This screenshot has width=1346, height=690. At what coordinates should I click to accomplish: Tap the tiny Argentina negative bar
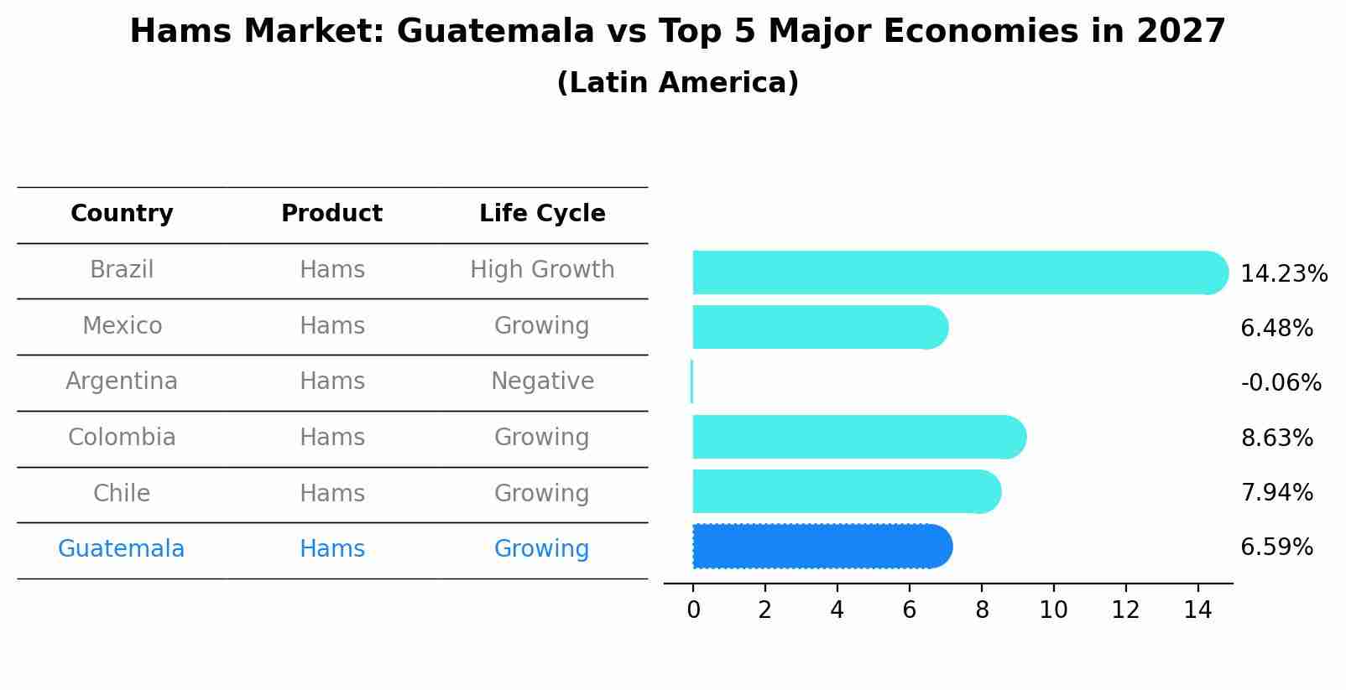coord(691,381)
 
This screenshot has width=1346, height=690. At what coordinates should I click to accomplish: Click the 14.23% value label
coord(1283,274)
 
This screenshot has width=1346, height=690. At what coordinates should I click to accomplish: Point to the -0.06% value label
coord(1281,383)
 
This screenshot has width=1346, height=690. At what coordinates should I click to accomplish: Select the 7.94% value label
coord(1276,492)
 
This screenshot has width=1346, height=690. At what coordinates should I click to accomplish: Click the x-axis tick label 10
coord(1053,610)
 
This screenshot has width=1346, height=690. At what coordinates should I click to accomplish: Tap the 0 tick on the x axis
coord(693,610)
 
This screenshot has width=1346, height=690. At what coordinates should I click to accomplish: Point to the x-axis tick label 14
coord(1197,610)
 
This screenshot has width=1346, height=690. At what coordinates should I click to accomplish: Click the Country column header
coord(122,214)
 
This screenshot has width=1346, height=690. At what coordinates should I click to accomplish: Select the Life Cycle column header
coord(542,214)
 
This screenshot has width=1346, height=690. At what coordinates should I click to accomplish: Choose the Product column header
coord(331,214)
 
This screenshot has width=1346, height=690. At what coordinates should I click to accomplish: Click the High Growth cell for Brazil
coord(542,270)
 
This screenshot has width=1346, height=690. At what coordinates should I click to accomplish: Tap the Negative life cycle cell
coord(542,381)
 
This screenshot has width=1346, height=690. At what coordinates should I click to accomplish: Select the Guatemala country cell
coord(121,549)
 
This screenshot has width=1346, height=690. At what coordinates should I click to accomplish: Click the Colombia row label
coord(122,438)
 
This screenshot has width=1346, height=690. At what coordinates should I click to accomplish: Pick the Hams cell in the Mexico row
coord(331,326)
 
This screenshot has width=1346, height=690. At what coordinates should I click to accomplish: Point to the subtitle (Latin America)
coord(677,83)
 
